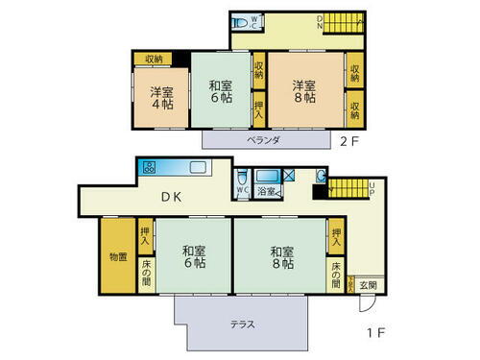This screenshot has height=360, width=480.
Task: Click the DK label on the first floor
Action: pyautogui.click(x=172, y=198)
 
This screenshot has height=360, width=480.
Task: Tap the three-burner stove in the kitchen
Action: pyautogui.click(x=150, y=167)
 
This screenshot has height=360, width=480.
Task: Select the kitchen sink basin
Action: pyautogui.click(x=199, y=168)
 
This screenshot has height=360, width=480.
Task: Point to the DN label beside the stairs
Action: pyautogui.click(x=319, y=24)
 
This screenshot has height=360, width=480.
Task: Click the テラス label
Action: pyautogui.click(x=242, y=324)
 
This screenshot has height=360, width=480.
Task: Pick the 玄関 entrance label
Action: pyautogui.click(x=369, y=285)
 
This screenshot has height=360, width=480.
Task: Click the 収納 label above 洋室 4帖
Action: pyautogui.click(x=155, y=60)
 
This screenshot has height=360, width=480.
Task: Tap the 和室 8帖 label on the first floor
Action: pyautogui.click(x=281, y=258)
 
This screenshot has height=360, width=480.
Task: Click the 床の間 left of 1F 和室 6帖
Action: pyautogui.click(x=146, y=272)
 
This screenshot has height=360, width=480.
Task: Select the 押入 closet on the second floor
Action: pyautogui.click(x=259, y=108)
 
